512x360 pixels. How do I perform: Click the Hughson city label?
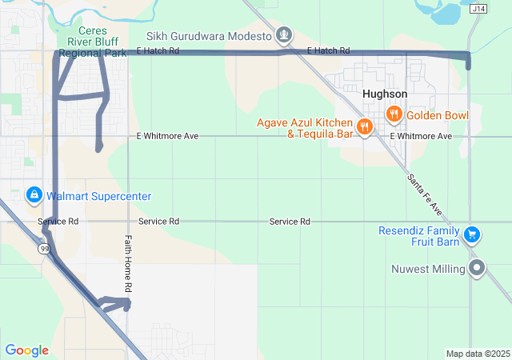point(384,94)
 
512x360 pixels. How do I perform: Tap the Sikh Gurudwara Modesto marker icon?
point(283,35)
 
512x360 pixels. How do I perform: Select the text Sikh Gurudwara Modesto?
point(209,36)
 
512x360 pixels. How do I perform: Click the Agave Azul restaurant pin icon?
point(364,126)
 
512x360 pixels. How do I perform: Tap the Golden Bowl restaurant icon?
point(394,115)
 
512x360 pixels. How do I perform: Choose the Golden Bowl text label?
point(437,115)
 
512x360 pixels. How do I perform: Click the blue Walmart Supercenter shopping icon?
point(34,195)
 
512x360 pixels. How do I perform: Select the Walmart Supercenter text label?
point(98,196)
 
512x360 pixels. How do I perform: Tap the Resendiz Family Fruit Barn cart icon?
point(472,234)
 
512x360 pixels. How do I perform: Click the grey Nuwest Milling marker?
point(478,269)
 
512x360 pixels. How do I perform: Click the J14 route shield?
point(478,9)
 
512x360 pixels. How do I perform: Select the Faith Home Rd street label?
point(127,264)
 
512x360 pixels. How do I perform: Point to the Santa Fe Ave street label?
point(424,194)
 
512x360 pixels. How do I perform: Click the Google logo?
point(26,350)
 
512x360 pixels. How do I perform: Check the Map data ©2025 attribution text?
point(477,354)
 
